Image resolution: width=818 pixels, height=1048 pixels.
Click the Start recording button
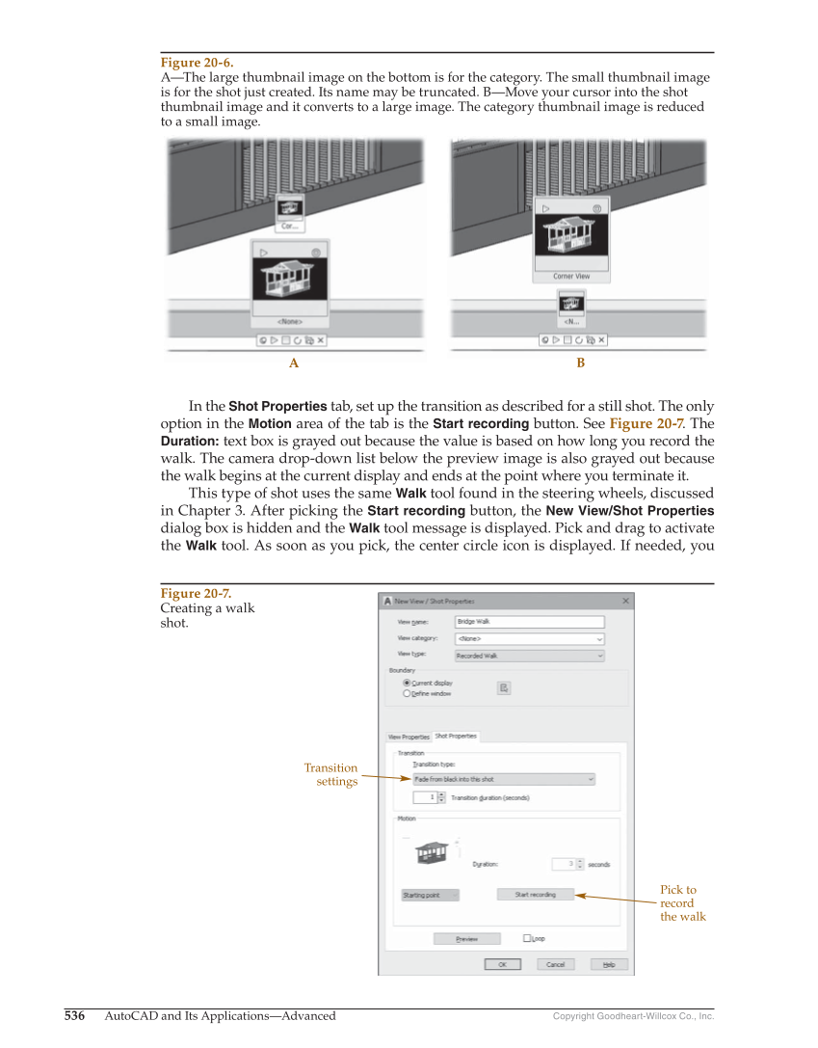coord(535,895)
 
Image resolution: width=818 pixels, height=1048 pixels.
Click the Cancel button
coord(555,964)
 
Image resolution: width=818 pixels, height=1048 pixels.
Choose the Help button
coord(609,964)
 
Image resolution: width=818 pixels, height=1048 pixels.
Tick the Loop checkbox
coord(527,938)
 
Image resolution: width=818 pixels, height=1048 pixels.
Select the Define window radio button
coord(407,693)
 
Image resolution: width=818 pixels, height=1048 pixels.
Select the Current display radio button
coord(407,683)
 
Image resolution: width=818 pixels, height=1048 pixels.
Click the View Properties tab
coord(409,737)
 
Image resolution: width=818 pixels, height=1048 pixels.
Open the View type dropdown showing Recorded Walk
coord(529,656)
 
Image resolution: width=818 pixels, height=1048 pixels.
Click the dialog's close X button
coord(625,601)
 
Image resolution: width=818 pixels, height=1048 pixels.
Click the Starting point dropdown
coord(429,895)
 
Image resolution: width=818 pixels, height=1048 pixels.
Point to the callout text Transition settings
coord(331,774)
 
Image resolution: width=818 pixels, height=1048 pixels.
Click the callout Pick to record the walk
coord(682,903)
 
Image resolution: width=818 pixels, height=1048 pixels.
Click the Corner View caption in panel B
coord(570,277)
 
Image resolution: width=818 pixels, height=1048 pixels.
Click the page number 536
coord(75,1015)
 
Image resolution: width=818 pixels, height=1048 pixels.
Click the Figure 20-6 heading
coord(197,62)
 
